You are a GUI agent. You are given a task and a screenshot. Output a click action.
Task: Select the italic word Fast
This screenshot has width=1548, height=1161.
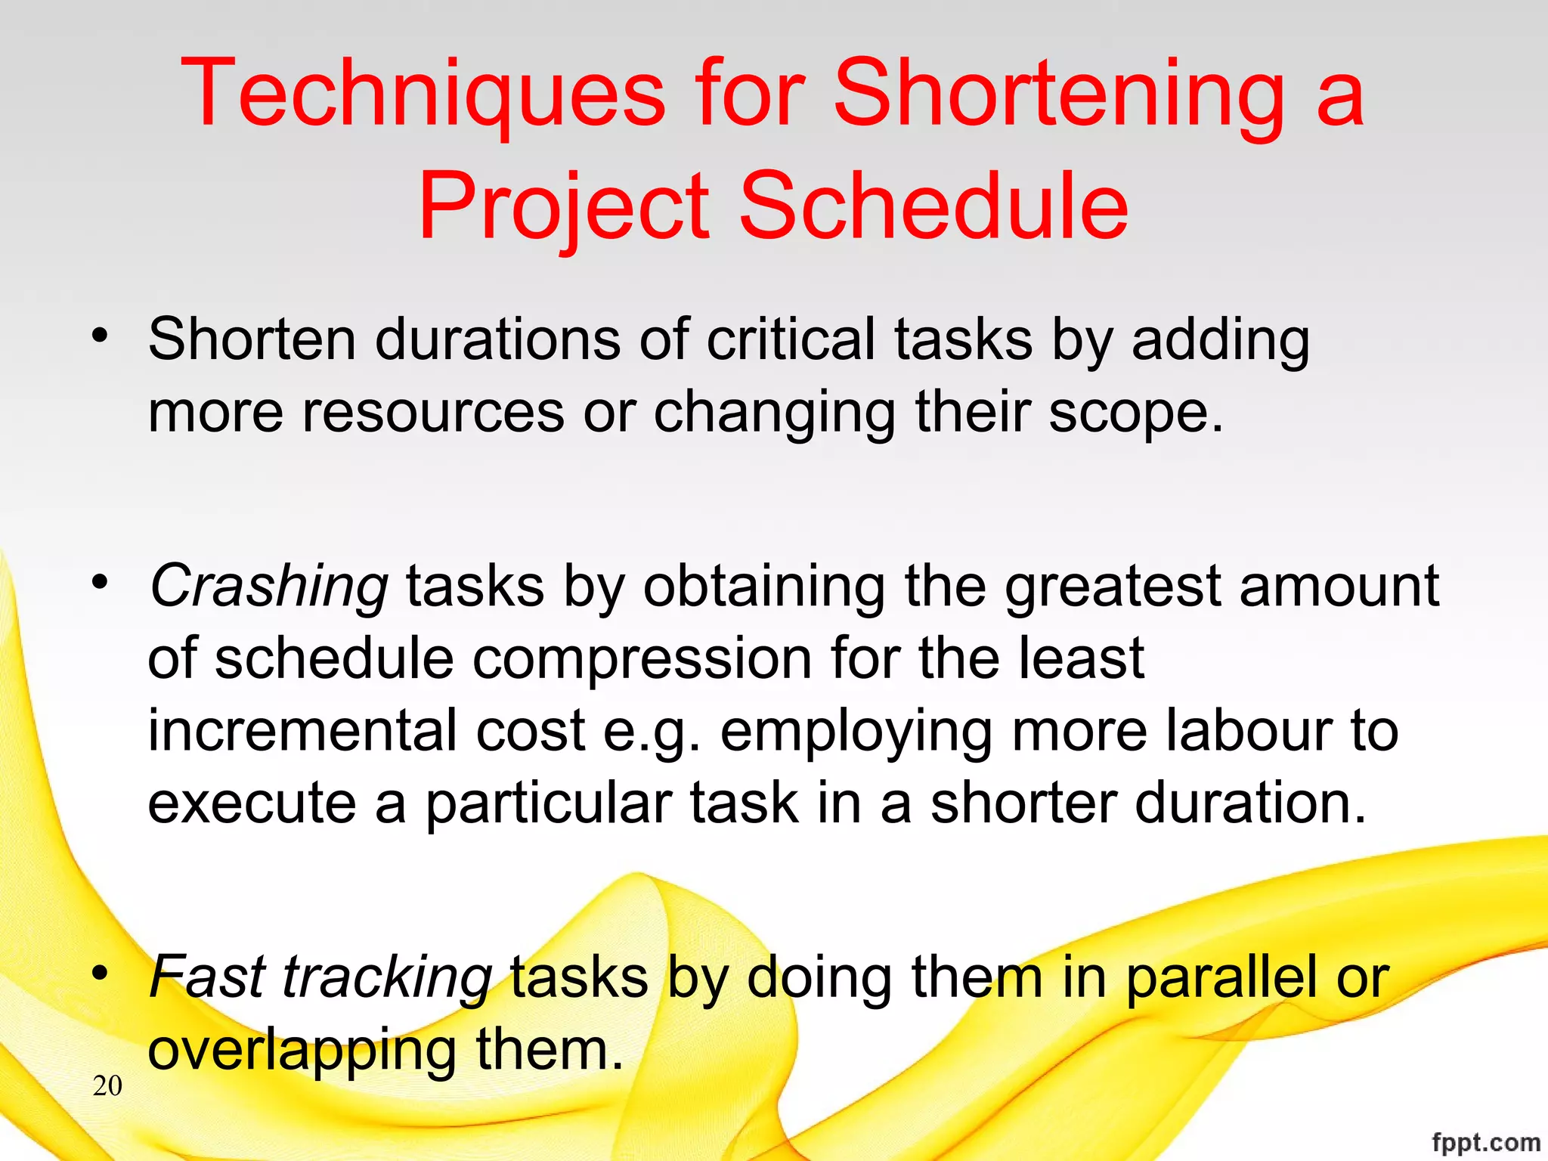pyautogui.click(x=206, y=977)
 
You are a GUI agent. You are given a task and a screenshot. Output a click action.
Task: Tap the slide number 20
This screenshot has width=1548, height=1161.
pyautogui.click(x=107, y=1085)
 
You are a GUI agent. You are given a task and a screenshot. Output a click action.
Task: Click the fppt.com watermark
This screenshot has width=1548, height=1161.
pyautogui.click(x=1485, y=1142)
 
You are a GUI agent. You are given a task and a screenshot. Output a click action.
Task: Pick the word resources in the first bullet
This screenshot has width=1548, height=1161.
pyautogui.click(x=433, y=413)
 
